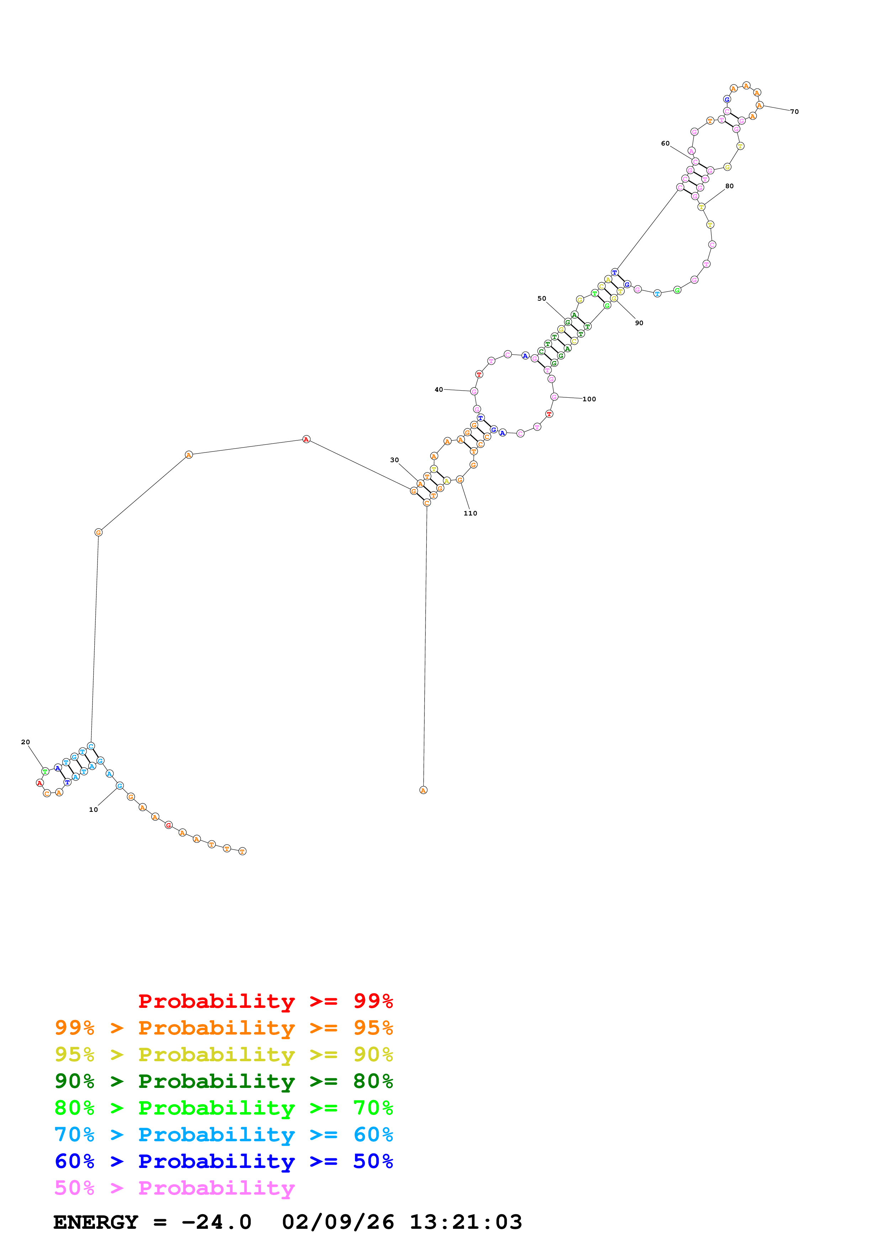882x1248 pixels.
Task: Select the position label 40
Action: pos(439,390)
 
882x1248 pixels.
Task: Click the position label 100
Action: pos(589,399)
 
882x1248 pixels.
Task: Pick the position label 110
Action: pos(470,513)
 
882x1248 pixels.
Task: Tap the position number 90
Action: pos(639,323)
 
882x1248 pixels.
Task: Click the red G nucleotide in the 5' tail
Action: pos(168,825)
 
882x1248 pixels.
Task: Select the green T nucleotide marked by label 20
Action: pos(46,771)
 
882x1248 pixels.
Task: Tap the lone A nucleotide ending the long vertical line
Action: pos(423,790)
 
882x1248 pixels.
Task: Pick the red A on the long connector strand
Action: pos(306,439)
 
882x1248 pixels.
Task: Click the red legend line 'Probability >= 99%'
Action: pos(265,1001)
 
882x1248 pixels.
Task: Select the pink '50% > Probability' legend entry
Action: pos(174,1188)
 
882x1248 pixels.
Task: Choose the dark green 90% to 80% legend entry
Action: pos(224,1081)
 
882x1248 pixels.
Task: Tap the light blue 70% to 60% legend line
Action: pos(224,1135)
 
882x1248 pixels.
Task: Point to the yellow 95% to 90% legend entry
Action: pos(224,1054)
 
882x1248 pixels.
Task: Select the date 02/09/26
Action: pos(338,1222)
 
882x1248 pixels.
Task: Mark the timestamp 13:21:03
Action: pos(466,1222)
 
